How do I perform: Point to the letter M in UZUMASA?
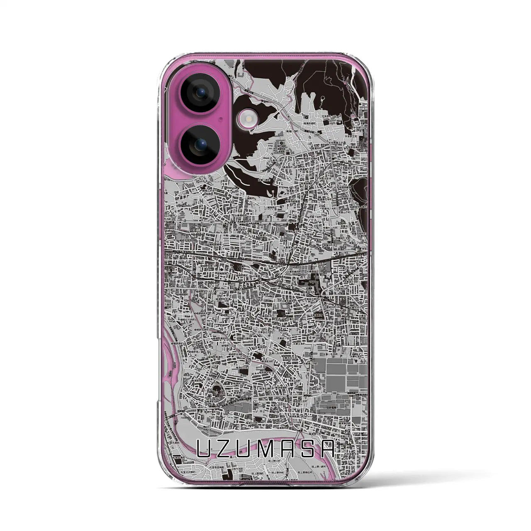tap(266, 448)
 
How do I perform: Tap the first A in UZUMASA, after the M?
tap(287, 448)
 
